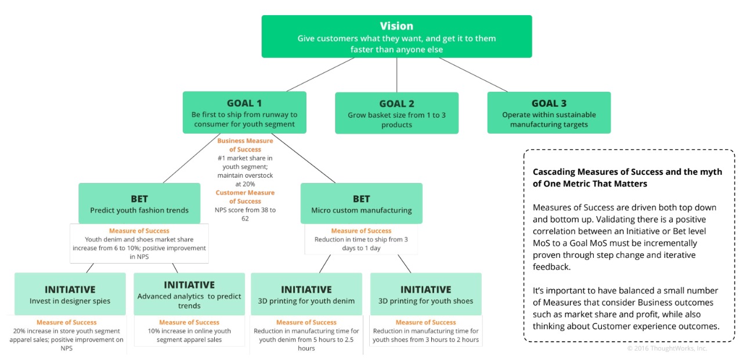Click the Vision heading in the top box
[396, 26]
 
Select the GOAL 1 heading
[244, 103]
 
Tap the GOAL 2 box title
[396, 104]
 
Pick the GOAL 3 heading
[549, 103]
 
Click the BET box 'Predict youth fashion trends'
[139, 203]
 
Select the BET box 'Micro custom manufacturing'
[362, 203]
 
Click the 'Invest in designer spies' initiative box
[70, 294]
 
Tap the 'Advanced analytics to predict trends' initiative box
[189, 294]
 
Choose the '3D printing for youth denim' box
[306, 294]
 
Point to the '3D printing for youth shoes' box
[426, 294]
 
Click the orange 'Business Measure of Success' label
[245, 145]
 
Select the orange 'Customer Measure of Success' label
[245, 197]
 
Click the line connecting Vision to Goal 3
[473, 75]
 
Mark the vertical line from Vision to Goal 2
[396, 75]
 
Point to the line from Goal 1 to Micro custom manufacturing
[303, 159]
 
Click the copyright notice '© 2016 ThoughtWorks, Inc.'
[667, 348]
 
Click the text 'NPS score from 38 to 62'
[245, 214]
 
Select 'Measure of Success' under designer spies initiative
[66, 322]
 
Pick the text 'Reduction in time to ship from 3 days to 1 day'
[361, 243]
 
